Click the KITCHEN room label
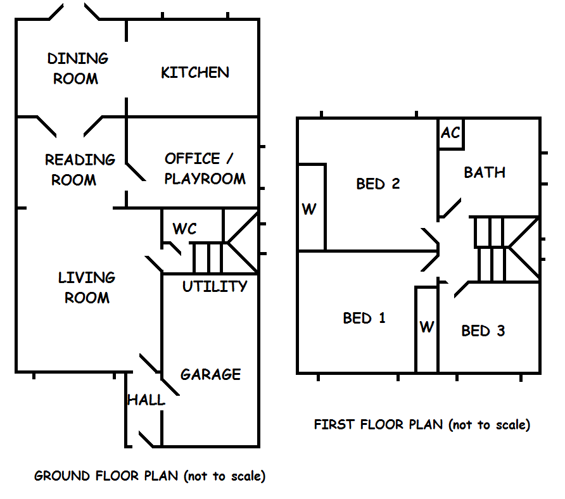195,72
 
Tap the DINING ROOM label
77,68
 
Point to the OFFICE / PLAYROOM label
204,168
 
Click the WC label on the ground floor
184,229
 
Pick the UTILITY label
215,287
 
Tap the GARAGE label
210,374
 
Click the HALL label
146,400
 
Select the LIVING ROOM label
87,287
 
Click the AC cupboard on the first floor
450,134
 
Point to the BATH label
485,172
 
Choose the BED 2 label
378,184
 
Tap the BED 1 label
364,318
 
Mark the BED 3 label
483,331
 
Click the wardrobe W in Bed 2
308,209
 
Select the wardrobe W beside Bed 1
427,327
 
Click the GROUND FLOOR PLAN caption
149,476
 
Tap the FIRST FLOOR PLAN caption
422,424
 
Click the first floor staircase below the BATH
504,249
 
